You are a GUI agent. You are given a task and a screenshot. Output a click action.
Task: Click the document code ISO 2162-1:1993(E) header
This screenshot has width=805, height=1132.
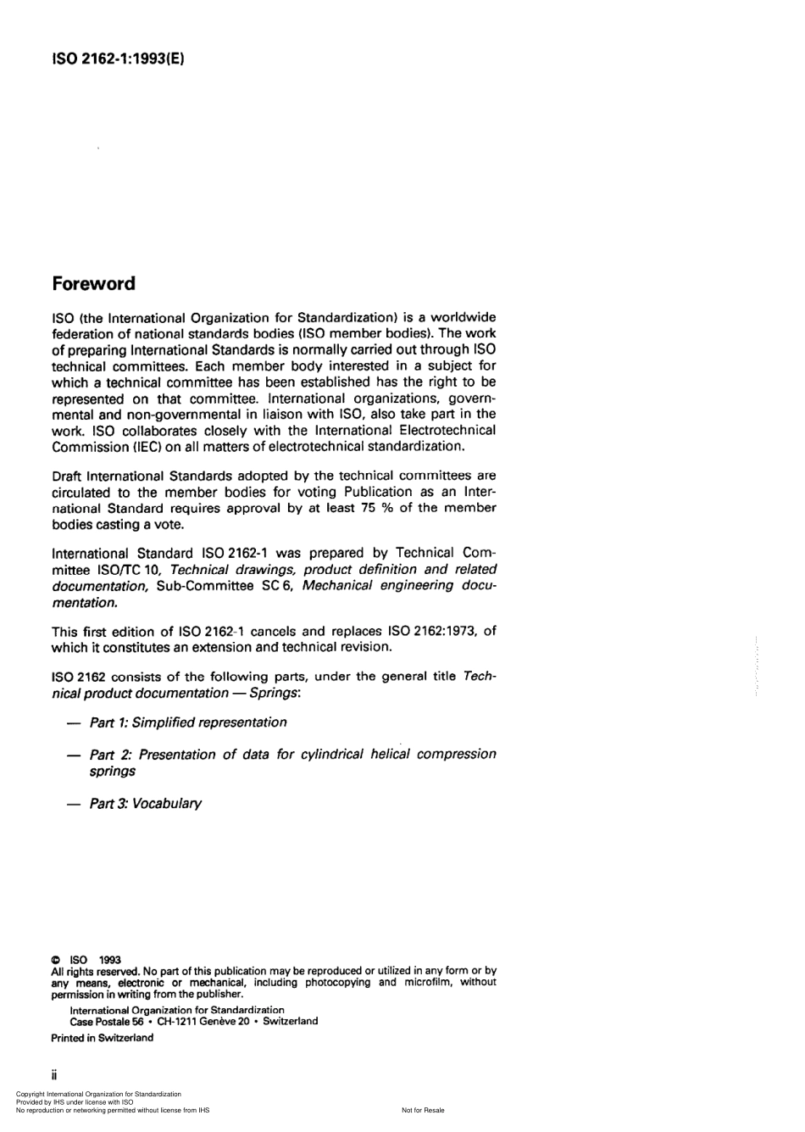coord(118,59)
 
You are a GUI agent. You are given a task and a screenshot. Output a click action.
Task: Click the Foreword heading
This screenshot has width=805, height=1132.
coord(93,283)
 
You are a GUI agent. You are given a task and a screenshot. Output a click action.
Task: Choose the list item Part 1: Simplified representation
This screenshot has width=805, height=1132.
coord(187,722)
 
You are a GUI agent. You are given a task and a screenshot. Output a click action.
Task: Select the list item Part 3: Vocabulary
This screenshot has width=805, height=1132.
coord(145,803)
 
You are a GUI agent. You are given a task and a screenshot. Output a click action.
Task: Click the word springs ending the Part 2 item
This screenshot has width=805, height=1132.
coord(112,772)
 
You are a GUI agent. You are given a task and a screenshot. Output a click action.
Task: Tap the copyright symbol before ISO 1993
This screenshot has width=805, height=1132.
coord(56,960)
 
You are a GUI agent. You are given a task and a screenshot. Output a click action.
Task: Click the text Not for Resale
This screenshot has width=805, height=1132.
coord(423,1110)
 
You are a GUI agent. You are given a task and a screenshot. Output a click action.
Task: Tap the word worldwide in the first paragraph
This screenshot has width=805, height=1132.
coord(464,317)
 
